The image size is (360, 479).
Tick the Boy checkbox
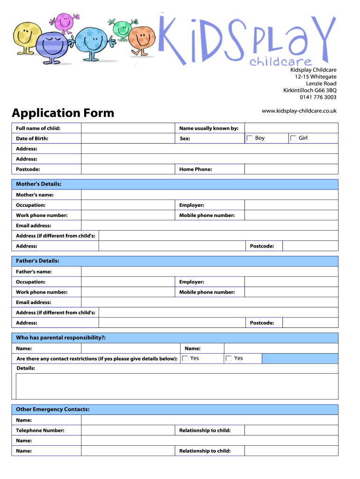250,138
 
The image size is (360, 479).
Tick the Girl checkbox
293,138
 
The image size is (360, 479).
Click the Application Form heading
63,113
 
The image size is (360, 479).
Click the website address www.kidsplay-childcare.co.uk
299,111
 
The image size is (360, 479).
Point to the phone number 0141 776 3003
318,97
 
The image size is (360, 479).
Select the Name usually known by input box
291,128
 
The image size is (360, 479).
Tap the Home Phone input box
291,169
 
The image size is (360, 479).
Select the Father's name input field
209,272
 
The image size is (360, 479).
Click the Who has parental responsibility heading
61,338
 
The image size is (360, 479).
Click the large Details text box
177,386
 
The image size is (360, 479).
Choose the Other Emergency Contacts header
53,410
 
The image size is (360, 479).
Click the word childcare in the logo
281,61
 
